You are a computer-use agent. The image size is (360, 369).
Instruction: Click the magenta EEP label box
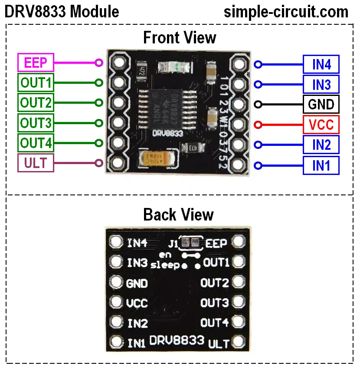36,63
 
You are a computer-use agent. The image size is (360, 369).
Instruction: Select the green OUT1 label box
36,82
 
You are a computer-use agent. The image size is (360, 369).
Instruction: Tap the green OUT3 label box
36,123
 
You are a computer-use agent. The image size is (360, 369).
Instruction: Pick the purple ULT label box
36,163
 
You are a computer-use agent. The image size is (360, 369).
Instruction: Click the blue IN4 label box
321,64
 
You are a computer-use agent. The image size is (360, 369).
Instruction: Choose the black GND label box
321,104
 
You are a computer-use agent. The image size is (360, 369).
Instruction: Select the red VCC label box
321,125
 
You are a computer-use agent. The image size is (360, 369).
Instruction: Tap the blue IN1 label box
321,165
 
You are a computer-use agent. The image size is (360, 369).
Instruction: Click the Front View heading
180,38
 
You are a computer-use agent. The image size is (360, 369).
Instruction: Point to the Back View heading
179,214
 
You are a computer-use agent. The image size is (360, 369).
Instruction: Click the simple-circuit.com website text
286,11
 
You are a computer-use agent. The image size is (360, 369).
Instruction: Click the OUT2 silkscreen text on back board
214,283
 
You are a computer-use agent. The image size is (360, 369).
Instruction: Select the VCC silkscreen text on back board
137,303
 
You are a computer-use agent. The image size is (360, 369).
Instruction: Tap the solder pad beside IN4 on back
116,242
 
